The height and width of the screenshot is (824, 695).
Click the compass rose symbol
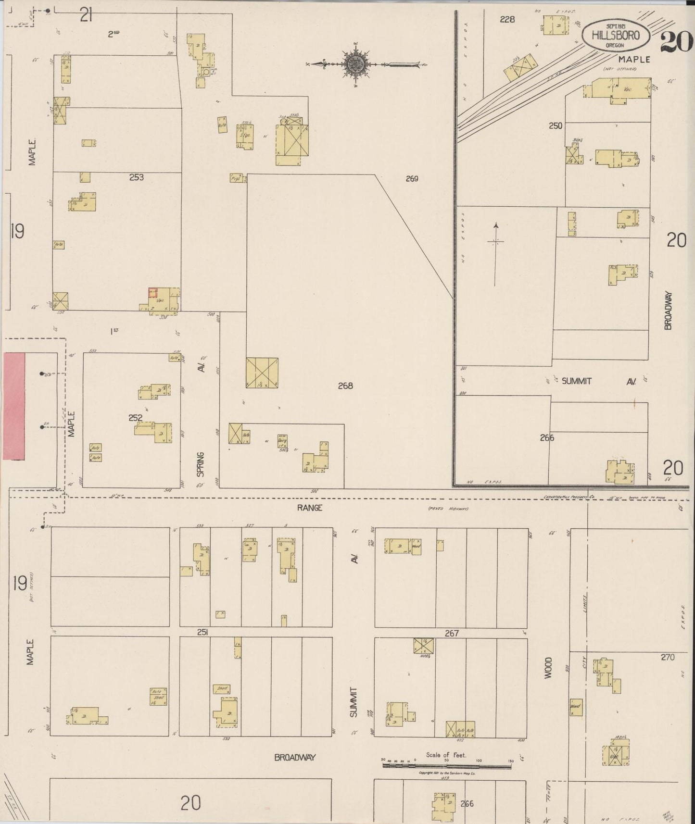(x=356, y=64)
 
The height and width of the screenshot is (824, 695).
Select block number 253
(x=137, y=177)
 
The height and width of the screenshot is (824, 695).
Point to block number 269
(x=412, y=179)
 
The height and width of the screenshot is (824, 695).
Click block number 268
(x=345, y=386)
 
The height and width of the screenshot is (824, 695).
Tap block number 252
(x=135, y=418)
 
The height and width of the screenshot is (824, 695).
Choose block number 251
(x=202, y=633)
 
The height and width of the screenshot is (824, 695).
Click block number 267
(x=452, y=634)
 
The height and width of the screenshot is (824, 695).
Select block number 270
(x=668, y=657)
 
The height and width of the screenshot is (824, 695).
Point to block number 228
(x=507, y=19)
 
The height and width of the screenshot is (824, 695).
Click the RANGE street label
(x=309, y=508)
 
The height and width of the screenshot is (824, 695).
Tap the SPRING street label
(x=201, y=464)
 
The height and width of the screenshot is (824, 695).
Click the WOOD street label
(x=548, y=667)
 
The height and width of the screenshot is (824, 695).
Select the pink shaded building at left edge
(x=14, y=406)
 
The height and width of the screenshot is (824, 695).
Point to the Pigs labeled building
(x=236, y=178)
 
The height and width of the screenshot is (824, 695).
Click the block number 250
(x=556, y=126)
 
